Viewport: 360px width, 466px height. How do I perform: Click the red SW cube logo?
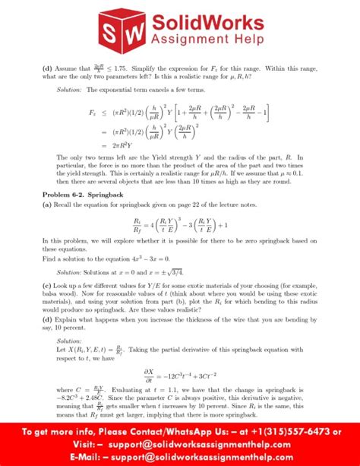[124, 30]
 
